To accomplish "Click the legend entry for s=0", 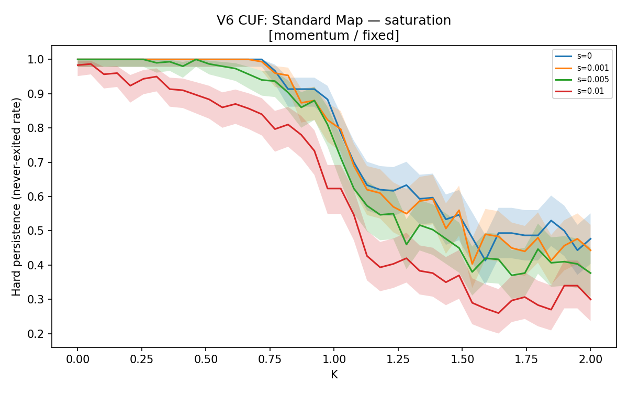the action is click(574, 56).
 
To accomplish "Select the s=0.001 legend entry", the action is click(582, 68).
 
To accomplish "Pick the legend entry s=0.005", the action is click(582, 80).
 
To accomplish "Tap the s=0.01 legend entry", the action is click(579, 91).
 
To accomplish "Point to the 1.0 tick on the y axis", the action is click(36, 60).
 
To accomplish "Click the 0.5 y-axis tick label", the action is click(36, 231).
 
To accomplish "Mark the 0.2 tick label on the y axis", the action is click(36, 334).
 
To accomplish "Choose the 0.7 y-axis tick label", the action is click(36, 162).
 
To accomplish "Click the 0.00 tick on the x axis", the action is click(77, 359).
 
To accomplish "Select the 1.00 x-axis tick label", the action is click(334, 359).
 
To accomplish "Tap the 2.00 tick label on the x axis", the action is click(590, 359).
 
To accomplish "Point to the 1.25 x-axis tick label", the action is click(398, 359).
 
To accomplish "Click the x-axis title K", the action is click(334, 375).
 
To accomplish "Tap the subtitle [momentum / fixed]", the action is click(334, 36).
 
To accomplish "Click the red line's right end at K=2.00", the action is click(591, 300).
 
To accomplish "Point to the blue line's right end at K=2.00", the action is click(591, 238).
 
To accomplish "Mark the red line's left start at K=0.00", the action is click(77, 65).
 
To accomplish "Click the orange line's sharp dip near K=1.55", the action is click(472, 264).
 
